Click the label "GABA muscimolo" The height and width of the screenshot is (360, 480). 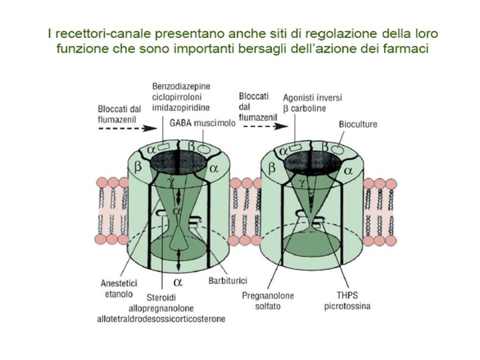(x=198, y=123)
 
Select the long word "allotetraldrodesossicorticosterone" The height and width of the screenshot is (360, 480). (x=161, y=319)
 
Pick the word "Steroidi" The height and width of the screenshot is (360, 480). (x=158, y=297)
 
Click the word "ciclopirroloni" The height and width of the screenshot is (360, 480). (x=178, y=97)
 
